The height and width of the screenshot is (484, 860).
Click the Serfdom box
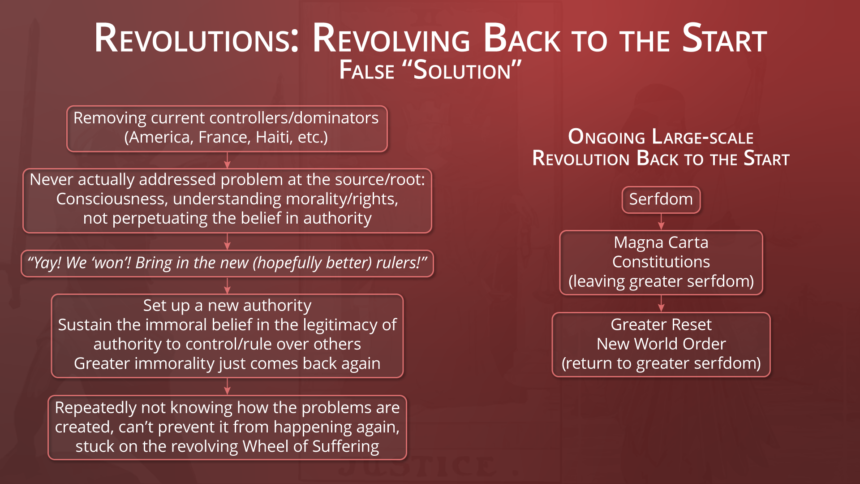coord(661,199)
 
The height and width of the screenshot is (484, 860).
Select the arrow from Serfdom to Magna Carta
coord(661,222)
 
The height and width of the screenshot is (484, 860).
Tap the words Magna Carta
coord(661,242)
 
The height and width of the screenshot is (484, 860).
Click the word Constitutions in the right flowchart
coord(661,262)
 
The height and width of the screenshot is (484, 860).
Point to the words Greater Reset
coord(661,324)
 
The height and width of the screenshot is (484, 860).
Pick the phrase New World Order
coord(661,344)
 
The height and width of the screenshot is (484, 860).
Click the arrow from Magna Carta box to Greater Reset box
coord(661,303)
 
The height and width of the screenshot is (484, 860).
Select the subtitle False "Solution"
coord(430,70)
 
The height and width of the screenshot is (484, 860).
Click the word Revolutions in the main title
coord(197,39)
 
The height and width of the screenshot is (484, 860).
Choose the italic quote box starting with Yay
coord(227,264)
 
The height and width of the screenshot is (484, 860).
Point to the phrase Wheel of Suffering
coord(311,446)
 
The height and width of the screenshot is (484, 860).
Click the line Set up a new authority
coord(227,306)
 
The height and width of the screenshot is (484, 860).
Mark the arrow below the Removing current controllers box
coord(227,160)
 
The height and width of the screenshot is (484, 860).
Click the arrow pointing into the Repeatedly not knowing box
coord(227,386)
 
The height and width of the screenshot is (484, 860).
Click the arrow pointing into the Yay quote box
coord(227,242)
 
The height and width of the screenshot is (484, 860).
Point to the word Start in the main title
coord(724,39)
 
